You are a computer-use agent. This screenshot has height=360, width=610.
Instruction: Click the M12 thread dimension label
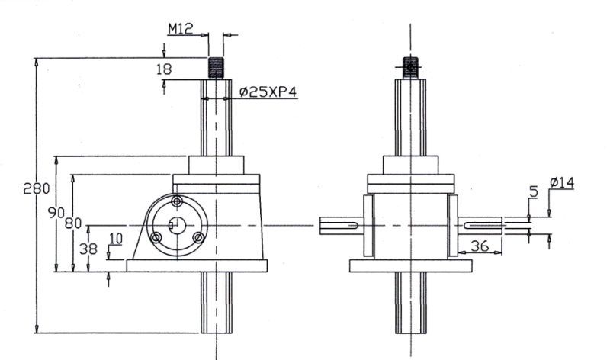(181, 29)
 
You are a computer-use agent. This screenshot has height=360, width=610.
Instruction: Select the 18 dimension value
(163, 69)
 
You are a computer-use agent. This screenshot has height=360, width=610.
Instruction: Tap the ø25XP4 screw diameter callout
(267, 92)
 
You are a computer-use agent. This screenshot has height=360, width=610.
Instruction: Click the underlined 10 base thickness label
(115, 239)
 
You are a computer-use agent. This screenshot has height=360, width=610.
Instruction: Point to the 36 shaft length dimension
(480, 246)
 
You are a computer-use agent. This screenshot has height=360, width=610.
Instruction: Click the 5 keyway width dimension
(533, 193)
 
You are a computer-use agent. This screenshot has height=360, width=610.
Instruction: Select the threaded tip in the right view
(411, 68)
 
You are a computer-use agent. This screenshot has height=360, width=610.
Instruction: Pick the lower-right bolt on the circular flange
(198, 238)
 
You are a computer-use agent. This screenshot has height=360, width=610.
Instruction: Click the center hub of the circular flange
(177, 223)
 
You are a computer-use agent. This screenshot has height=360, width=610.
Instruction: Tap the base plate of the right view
(411, 266)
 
